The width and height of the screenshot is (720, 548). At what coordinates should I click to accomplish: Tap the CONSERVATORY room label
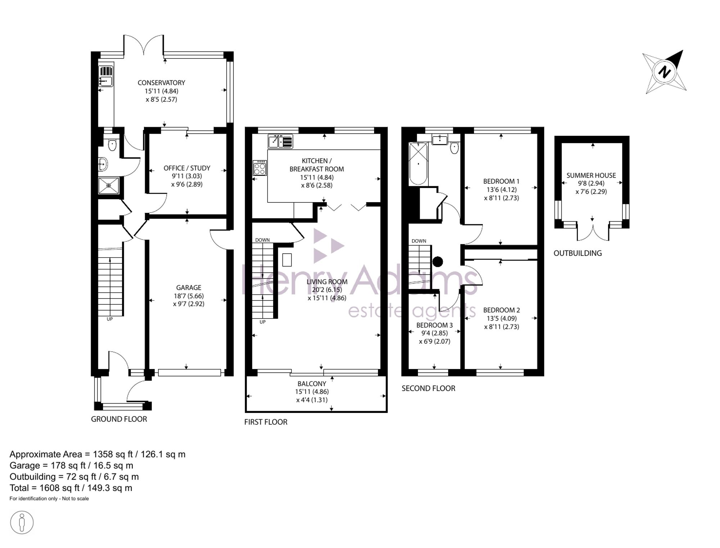(161, 83)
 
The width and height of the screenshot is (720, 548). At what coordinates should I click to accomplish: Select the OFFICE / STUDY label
(187, 168)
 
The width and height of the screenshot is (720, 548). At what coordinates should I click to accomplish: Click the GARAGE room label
(189, 288)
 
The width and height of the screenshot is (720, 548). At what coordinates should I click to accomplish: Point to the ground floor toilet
(112, 145)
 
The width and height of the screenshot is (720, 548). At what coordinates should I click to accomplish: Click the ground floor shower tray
(109, 185)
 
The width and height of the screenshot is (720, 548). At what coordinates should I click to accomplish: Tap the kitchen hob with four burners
(260, 168)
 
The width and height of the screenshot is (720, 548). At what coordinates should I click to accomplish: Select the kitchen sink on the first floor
(280, 141)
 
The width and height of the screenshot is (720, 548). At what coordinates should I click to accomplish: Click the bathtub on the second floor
(418, 164)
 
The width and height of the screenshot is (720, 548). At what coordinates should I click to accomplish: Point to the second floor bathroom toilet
(455, 147)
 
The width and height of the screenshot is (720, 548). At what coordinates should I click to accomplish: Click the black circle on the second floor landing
(437, 262)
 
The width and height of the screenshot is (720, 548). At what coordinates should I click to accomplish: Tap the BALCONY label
(312, 384)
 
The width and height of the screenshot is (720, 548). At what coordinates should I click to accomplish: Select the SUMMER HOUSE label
(591, 175)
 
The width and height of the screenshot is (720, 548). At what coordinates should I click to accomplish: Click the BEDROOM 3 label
(435, 325)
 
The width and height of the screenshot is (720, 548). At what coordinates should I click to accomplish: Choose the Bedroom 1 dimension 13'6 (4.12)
(501, 190)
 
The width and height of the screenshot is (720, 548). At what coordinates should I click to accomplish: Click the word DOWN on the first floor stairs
(262, 240)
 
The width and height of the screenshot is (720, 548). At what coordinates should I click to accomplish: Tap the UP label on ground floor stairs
(110, 319)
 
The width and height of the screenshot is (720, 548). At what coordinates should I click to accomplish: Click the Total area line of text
(71, 488)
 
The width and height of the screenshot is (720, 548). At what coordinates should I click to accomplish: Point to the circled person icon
(22, 522)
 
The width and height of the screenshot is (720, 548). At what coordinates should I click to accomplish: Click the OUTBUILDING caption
(578, 253)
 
